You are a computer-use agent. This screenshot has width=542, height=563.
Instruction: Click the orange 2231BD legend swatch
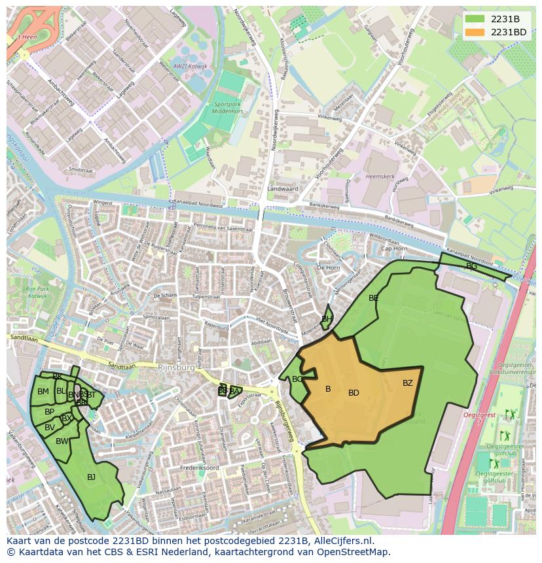tap(475, 32)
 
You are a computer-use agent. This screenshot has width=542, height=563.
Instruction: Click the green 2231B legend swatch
tap(475, 19)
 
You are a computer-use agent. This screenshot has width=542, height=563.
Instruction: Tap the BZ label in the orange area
tap(408, 383)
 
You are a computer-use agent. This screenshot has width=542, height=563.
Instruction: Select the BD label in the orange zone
tap(353, 393)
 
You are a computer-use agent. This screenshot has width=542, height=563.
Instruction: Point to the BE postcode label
tap(374, 298)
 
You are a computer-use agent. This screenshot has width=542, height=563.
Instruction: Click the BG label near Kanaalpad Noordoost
tap(471, 266)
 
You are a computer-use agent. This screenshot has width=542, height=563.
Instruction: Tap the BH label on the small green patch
tap(327, 319)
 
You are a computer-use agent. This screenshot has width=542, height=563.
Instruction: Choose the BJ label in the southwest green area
tap(91, 477)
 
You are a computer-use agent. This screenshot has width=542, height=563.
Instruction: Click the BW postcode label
tap(62, 441)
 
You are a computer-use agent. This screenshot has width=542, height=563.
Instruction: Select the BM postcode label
tap(43, 392)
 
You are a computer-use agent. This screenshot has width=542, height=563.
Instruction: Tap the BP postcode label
tap(49, 412)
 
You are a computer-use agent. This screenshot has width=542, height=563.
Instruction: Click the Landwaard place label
tap(282, 189)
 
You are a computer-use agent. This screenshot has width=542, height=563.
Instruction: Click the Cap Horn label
tap(394, 248)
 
